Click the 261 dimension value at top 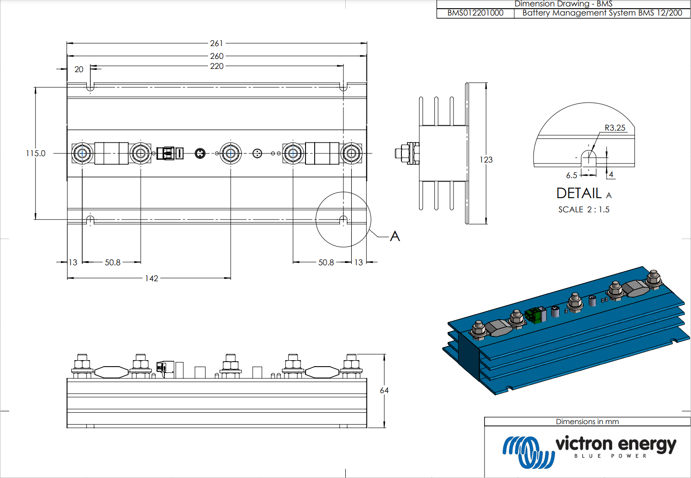pos(216,43)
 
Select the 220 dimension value pos(216,66)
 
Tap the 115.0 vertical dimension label pos(36,153)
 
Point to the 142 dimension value pos(152,278)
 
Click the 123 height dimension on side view pos(486,160)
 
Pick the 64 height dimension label pos(384,391)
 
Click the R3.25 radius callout pos(615,128)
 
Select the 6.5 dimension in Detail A pos(571,175)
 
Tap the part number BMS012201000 pos(475,13)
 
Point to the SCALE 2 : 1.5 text pos(584,210)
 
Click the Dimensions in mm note pos(587,422)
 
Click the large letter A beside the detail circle pos(395,236)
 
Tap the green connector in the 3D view pos(533,315)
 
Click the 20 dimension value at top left pos(79,69)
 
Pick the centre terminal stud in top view pos(231,153)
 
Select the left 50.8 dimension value pos(113,263)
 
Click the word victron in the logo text pos(584,444)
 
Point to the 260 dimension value pos(216,56)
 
